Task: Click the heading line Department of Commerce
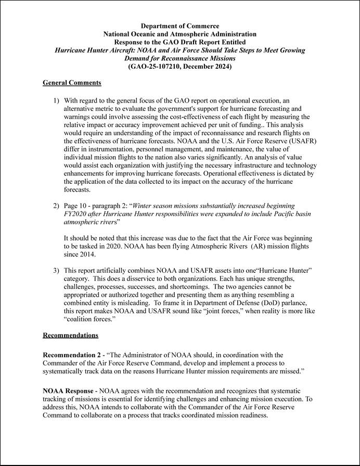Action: coord(180,26)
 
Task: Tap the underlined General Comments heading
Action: coord(72,83)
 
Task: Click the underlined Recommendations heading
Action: coord(70,335)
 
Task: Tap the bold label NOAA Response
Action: coord(68,391)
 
